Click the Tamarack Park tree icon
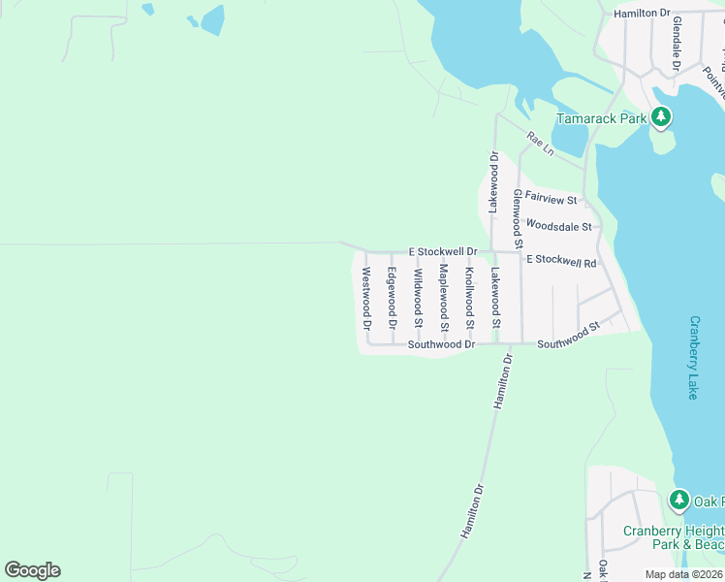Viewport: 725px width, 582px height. coord(661,118)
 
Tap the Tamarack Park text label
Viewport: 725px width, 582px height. coord(601,119)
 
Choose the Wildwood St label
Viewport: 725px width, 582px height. coord(419,296)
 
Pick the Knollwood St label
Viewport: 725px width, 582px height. coord(470,294)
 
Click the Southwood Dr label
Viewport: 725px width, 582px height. coord(441,344)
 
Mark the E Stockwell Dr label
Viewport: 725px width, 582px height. coord(443,251)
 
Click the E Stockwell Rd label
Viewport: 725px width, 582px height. coord(561,261)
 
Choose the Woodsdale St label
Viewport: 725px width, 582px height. coord(558,226)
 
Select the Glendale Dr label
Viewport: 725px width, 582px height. coord(677,43)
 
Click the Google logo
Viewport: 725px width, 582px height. coord(32,570)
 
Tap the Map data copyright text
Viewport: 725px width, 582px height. coord(683,574)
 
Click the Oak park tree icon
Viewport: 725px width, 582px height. coord(679,501)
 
